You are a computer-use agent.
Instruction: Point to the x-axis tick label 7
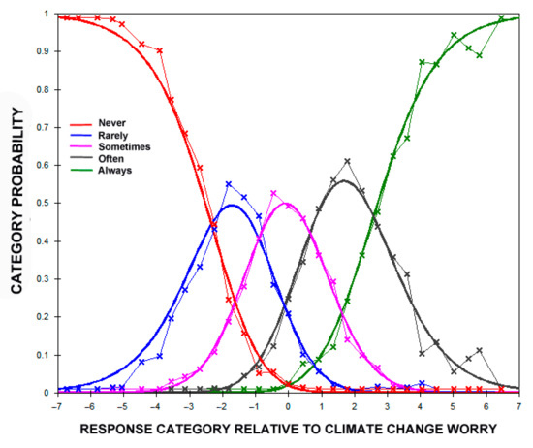pyautogui.click(x=520, y=405)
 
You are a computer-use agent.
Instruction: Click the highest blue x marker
pyautogui.click(x=229, y=184)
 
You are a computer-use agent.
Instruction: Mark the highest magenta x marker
pyautogui.click(x=273, y=193)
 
